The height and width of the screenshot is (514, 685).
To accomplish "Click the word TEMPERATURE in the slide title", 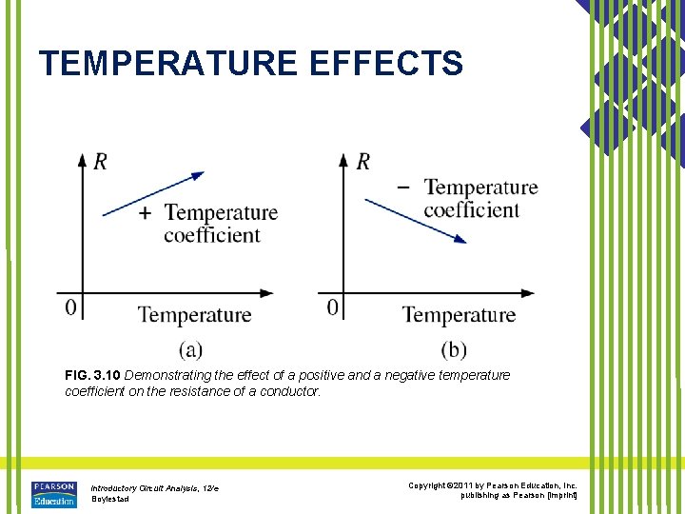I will pyautogui.click(x=167, y=64).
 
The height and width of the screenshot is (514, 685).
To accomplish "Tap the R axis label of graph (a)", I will pyautogui.click(x=100, y=162).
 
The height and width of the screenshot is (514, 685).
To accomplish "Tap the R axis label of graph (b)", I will pyautogui.click(x=362, y=162).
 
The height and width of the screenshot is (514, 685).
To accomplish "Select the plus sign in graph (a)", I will pyautogui.click(x=145, y=212).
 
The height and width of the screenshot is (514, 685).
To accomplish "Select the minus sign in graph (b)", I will pyautogui.click(x=403, y=187).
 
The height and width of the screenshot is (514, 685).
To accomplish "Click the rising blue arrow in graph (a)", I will pyautogui.click(x=152, y=194).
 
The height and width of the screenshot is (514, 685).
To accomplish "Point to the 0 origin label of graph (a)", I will pyautogui.click(x=69, y=308).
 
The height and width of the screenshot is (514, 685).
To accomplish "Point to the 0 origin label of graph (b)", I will pyautogui.click(x=332, y=307).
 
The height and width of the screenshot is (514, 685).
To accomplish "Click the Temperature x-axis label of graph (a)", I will pyautogui.click(x=194, y=315).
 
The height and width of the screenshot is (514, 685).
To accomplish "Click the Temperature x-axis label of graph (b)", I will pyautogui.click(x=459, y=315).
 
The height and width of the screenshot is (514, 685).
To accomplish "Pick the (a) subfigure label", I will pyautogui.click(x=190, y=349).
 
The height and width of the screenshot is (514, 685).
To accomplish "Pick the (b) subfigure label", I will pyautogui.click(x=454, y=349).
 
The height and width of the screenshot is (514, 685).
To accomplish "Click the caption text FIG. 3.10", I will pyautogui.click(x=92, y=376).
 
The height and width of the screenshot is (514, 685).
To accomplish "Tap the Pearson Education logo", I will pyautogui.click(x=53, y=493).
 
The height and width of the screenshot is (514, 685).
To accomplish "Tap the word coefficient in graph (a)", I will pyautogui.click(x=211, y=235).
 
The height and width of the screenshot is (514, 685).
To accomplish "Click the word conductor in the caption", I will pyautogui.click(x=288, y=391).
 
